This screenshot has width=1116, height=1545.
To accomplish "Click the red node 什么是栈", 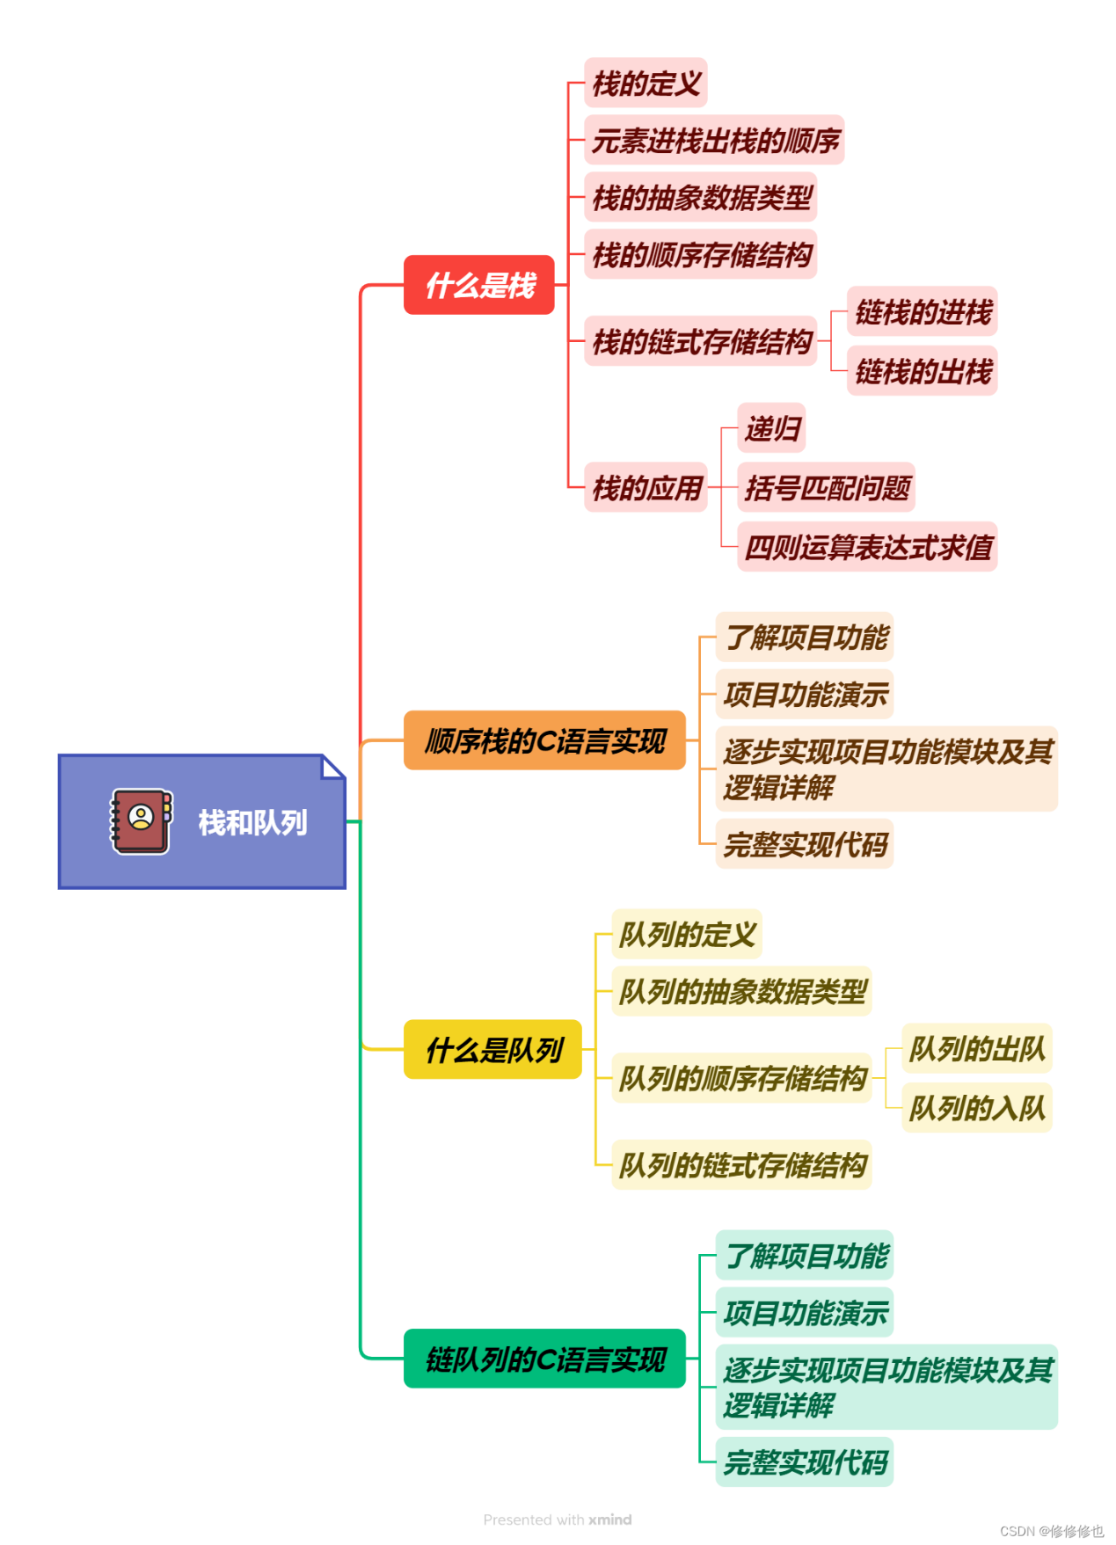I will [x=479, y=285].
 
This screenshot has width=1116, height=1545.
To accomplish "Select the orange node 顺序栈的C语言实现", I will [x=544, y=740].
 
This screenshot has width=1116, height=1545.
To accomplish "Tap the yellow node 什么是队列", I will [x=492, y=1049].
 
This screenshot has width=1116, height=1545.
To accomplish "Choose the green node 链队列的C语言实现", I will [x=544, y=1359].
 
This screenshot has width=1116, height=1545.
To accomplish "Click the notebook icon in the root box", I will [x=141, y=821].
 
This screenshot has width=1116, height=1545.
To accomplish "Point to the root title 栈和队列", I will [x=252, y=823].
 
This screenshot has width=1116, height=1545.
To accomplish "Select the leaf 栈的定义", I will [x=646, y=84].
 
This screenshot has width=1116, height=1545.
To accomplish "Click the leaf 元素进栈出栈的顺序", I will [x=715, y=141].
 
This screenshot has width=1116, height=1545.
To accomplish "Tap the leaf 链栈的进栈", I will [x=923, y=311].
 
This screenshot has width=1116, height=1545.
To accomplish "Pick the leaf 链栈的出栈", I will [x=923, y=371].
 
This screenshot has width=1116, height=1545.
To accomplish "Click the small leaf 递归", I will [x=772, y=428].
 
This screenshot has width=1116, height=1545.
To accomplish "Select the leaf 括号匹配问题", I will [x=827, y=487].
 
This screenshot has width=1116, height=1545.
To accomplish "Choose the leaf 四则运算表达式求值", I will [x=868, y=547].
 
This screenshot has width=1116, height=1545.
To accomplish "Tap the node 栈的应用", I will [x=646, y=487].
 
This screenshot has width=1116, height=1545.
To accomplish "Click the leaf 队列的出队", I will [x=976, y=1048].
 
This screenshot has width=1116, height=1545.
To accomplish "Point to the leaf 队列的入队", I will [x=976, y=1108].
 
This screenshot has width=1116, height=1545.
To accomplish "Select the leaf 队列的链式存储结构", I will [x=742, y=1165].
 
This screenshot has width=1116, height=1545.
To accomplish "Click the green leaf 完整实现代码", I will [x=805, y=1462].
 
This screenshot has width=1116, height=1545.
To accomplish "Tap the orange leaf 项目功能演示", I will [x=805, y=695].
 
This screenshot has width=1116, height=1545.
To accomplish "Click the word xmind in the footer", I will [x=609, y=1519].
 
